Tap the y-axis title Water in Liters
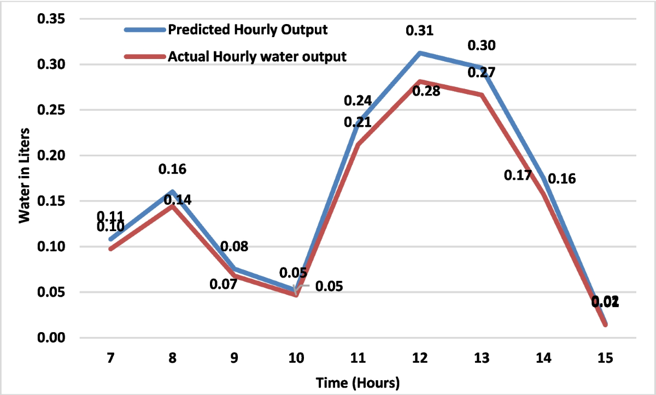point(24,177)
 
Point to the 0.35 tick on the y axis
point(50,19)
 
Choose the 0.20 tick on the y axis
point(50,156)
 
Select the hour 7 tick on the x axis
point(111,358)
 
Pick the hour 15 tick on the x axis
point(605,358)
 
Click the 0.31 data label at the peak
point(419,31)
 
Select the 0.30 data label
point(482,46)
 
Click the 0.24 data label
point(358,101)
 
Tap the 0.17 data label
point(518,176)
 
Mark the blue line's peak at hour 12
point(419,53)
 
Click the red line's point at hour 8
point(173,205)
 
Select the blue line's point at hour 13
point(481,68)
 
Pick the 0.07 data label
point(224,284)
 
